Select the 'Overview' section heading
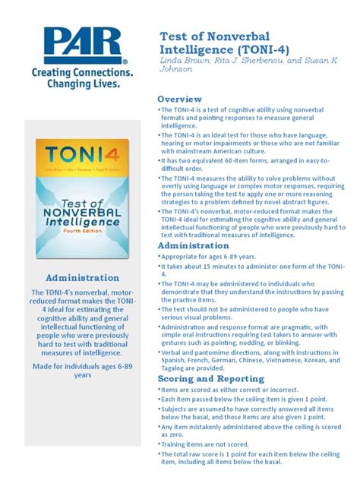179,99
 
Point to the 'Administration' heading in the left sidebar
82,278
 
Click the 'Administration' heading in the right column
194,246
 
